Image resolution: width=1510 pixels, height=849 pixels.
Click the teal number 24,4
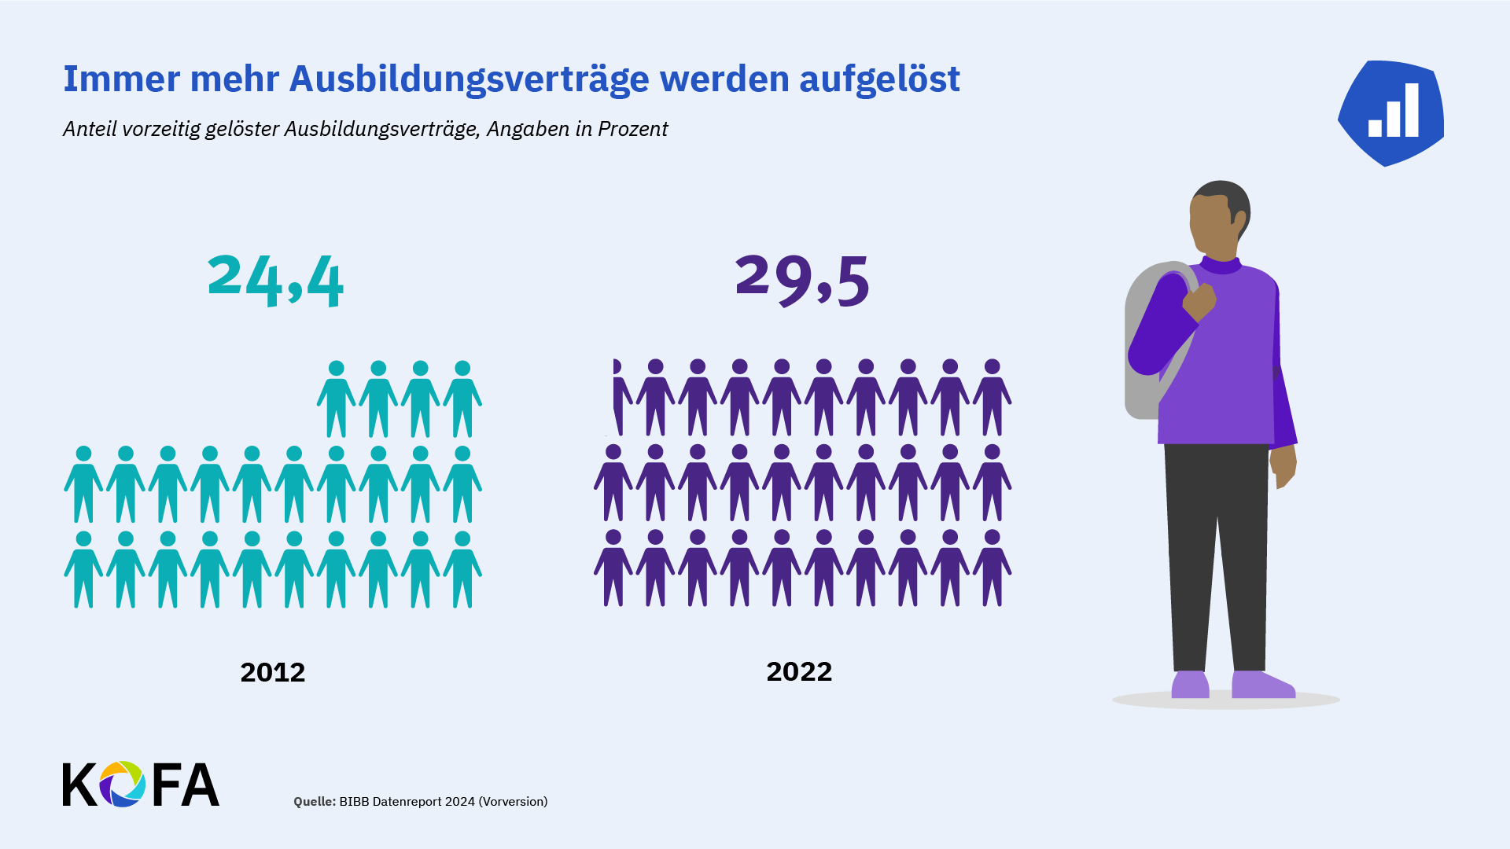275,280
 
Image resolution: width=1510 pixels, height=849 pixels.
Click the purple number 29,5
802,280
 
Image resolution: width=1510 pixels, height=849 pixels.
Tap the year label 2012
272,672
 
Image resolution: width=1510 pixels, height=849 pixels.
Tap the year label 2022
799,671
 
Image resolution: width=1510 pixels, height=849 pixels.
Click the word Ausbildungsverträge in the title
469,79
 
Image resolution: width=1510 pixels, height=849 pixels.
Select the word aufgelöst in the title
879,79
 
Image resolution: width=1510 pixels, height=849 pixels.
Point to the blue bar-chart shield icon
1391,112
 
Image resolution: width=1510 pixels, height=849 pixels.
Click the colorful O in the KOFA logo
122,784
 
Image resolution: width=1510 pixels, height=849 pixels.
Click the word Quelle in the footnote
314,801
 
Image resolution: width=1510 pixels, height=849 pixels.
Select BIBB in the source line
354,801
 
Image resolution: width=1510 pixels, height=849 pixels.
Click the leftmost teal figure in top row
337,399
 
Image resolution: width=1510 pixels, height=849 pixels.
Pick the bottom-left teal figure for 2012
83,569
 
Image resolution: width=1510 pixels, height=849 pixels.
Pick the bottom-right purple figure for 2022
992,568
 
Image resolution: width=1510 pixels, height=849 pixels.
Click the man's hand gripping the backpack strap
1200,302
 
